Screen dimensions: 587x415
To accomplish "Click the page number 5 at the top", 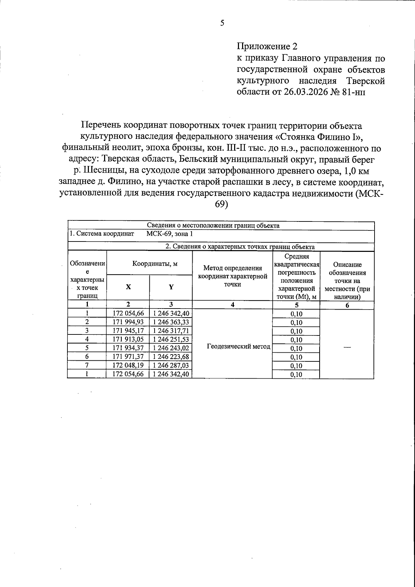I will point(222,23).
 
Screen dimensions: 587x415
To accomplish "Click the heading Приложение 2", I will point(267,46).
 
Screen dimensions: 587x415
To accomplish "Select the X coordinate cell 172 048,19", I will point(128,365).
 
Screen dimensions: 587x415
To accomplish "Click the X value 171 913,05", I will point(128,339).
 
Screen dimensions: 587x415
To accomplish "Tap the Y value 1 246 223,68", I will point(170,356).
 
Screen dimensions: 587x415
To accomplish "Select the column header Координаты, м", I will point(150,264).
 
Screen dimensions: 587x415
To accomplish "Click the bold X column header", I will point(128,287).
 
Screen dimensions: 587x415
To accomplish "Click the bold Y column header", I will point(171,287).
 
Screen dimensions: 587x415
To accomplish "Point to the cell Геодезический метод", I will point(239,347).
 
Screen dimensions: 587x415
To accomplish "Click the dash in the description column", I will point(347,348).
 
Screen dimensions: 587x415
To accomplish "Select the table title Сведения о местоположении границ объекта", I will point(221,226).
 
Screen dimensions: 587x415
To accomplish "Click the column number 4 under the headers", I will point(232,304).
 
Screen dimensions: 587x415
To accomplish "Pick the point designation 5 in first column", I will point(87,348).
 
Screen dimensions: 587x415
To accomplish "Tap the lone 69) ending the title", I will point(221,204).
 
